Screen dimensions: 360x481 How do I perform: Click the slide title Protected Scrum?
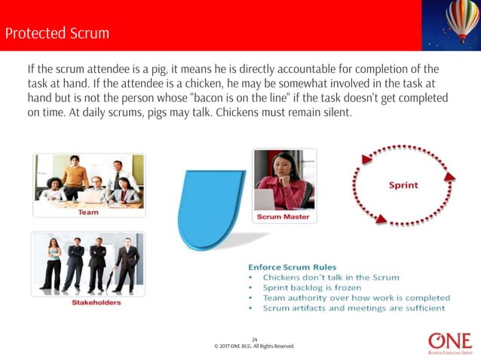57,34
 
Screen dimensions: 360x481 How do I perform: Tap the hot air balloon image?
461,20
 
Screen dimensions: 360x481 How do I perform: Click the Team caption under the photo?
87,212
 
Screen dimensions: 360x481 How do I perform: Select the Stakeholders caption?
87,302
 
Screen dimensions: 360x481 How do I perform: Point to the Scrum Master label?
283,217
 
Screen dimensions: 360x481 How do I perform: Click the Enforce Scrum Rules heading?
293,267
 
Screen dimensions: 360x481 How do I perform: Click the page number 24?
254,340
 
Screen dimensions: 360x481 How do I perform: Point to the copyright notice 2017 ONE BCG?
254,346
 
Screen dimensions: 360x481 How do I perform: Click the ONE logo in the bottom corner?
449,341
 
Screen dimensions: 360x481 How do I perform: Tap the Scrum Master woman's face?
276,165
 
